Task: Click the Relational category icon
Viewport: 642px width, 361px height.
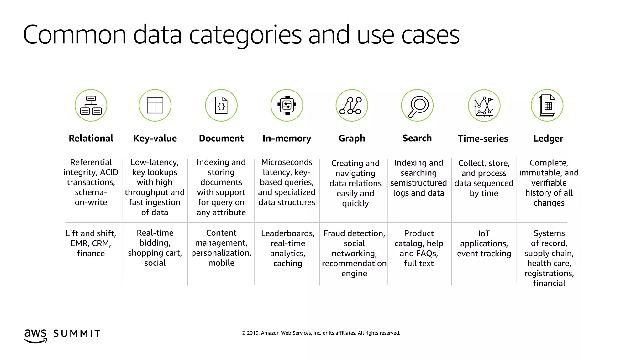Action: (91, 105)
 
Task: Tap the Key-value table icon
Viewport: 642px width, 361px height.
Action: (155, 105)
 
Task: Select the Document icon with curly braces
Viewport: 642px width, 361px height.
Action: (221, 105)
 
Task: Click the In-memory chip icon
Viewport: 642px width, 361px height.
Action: (287, 105)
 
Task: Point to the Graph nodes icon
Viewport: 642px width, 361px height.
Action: (352, 105)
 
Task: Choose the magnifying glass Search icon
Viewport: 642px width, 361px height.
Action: (417, 105)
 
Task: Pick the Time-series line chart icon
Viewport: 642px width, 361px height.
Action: (484, 105)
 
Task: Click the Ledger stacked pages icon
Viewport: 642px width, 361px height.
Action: (547, 105)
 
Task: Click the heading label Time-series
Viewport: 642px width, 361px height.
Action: (483, 139)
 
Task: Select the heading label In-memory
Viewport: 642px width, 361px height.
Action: (287, 139)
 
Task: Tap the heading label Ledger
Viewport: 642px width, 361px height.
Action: (548, 139)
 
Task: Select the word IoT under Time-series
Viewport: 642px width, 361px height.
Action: (484, 234)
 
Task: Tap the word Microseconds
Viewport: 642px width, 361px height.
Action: (287, 162)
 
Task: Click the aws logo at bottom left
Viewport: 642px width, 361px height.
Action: (35, 335)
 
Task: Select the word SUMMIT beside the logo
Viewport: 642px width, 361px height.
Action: (77, 333)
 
